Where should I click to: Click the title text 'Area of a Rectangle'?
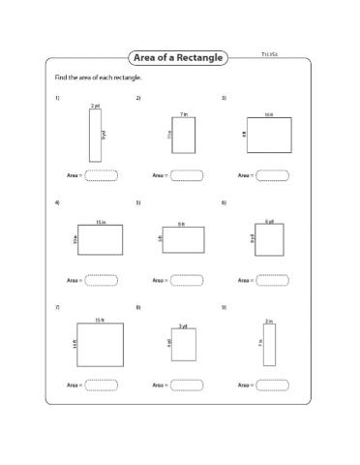(x=180, y=58)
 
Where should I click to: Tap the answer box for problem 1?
(x=102, y=175)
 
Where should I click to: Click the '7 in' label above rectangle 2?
(x=183, y=113)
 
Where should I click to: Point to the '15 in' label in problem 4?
(x=100, y=223)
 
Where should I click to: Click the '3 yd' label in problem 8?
(x=183, y=326)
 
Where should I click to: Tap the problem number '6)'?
(x=224, y=202)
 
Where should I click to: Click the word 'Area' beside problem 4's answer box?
(x=73, y=280)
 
